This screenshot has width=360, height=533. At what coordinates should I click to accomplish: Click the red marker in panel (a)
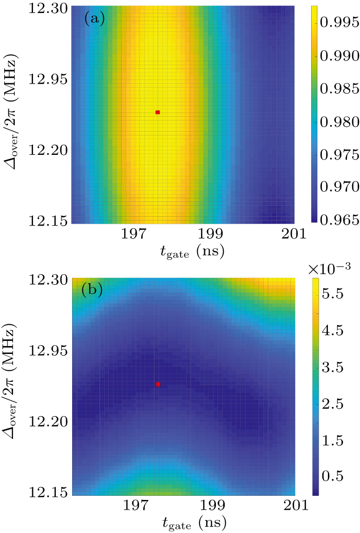[158, 112]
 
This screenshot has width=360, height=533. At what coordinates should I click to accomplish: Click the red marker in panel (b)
[158, 384]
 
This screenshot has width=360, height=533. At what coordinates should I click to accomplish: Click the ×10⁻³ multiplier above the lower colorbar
[329, 267]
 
